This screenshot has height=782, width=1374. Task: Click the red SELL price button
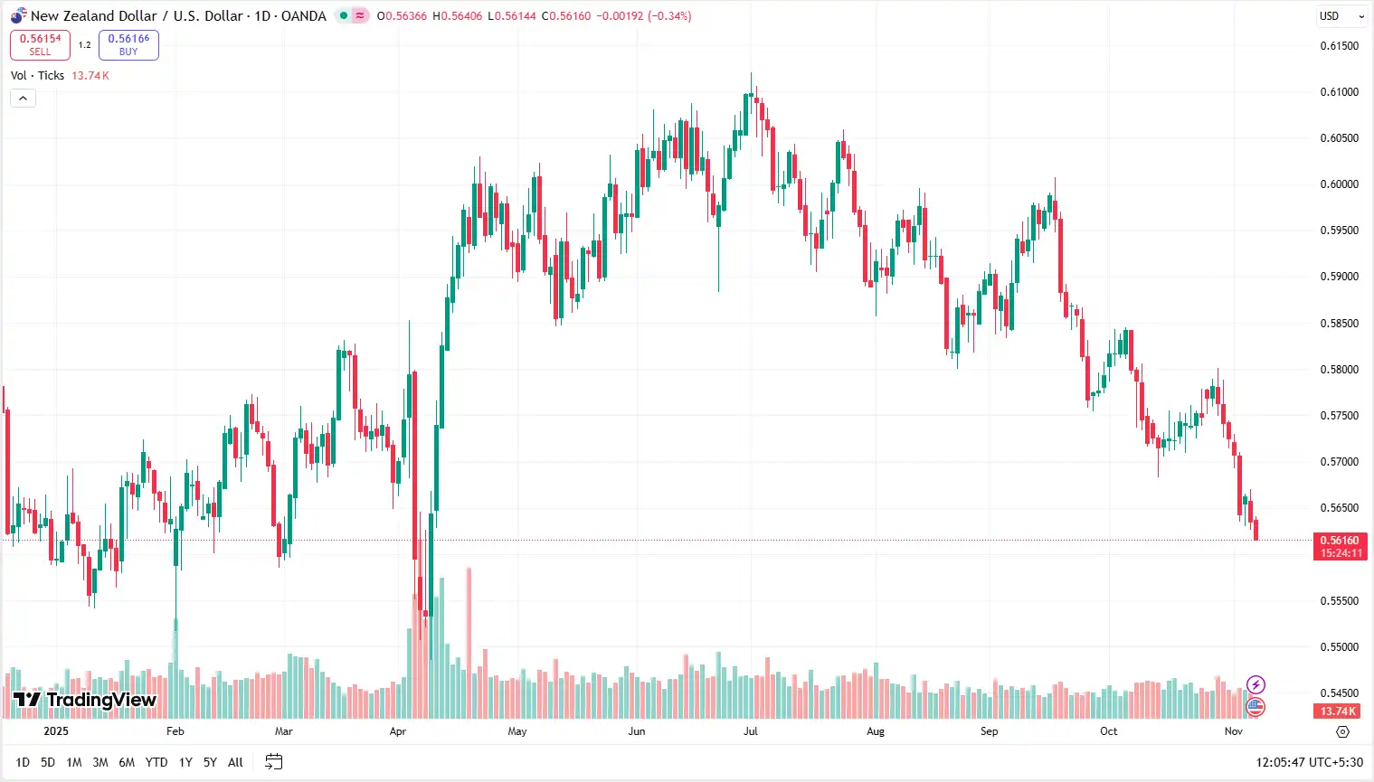point(40,45)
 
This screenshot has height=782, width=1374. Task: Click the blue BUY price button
point(128,45)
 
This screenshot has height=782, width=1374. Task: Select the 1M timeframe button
point(74,762)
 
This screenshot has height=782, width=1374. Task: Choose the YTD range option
point(156,762)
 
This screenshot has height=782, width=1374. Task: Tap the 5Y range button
point(210,762)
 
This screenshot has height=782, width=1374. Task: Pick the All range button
point(235,762)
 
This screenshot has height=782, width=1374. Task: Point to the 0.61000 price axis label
point(1339,92)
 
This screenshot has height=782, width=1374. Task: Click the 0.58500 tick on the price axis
point(1339,324)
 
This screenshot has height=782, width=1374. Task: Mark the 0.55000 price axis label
point(1339,647)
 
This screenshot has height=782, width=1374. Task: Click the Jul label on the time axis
point(751,731)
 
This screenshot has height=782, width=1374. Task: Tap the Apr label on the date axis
point(398,731)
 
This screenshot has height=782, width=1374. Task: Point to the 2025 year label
point(56,731)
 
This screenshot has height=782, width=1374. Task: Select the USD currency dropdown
point(1341,16)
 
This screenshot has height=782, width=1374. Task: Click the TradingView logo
point(85,700)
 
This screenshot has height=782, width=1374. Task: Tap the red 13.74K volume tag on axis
point(1339,711)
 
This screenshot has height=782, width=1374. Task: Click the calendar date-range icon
point(274,762)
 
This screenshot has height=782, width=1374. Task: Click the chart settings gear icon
point(1342,731)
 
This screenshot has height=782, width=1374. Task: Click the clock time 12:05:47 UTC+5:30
point(1309,762)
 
